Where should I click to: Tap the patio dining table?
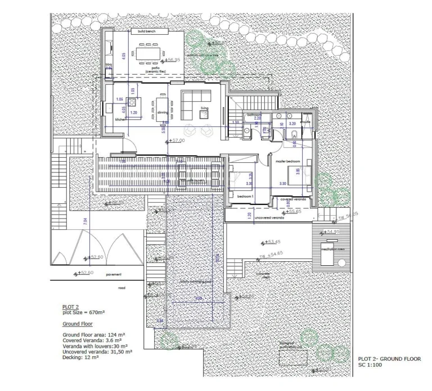point(148,53)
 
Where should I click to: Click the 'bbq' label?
point(109,65)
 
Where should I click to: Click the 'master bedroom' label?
point(287,162)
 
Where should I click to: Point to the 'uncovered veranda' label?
point(269,217)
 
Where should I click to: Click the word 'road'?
point(121,287)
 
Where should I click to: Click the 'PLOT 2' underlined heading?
point(70,307)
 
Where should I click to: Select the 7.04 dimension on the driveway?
point(84,221)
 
